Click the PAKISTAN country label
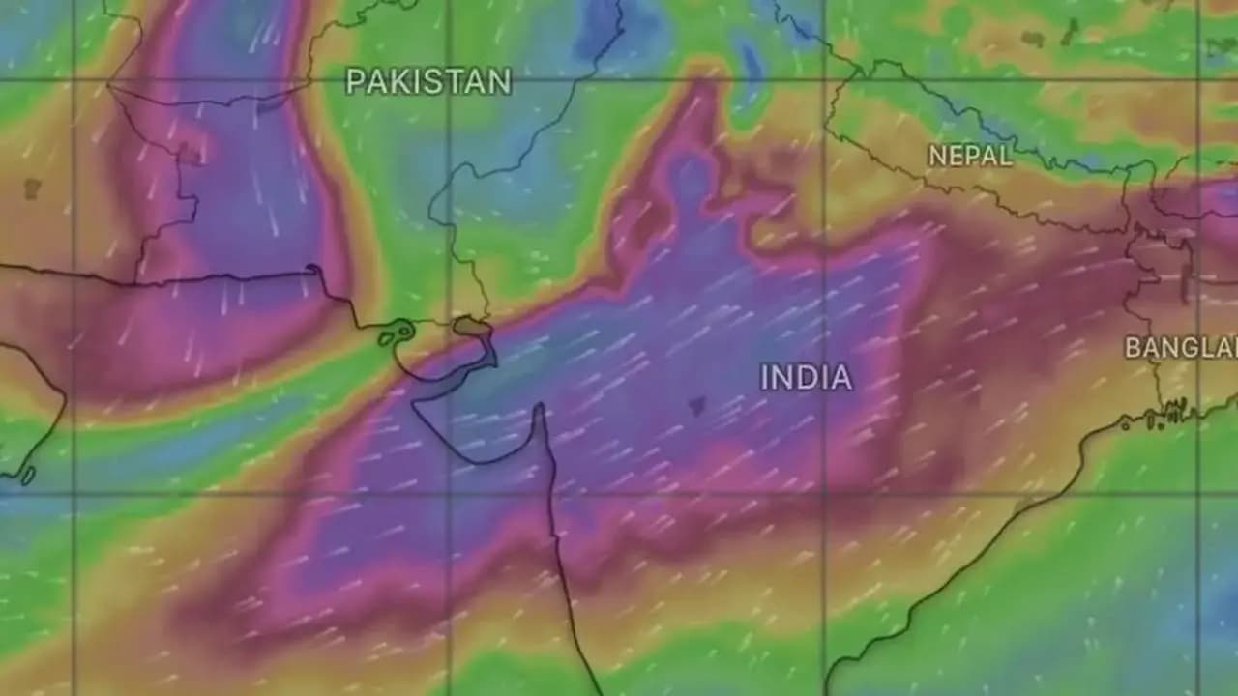click(x=428, y=82)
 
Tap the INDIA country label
click(x=806, y=377)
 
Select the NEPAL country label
click(x=969, y=156)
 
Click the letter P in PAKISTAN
click(x=355, y=82)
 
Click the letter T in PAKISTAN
click(x=465, y=82)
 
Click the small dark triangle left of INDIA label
click(x=696, y=406)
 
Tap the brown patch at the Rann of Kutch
click(x=471, y=327)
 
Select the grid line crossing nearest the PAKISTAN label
click(x=448, y=80)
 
